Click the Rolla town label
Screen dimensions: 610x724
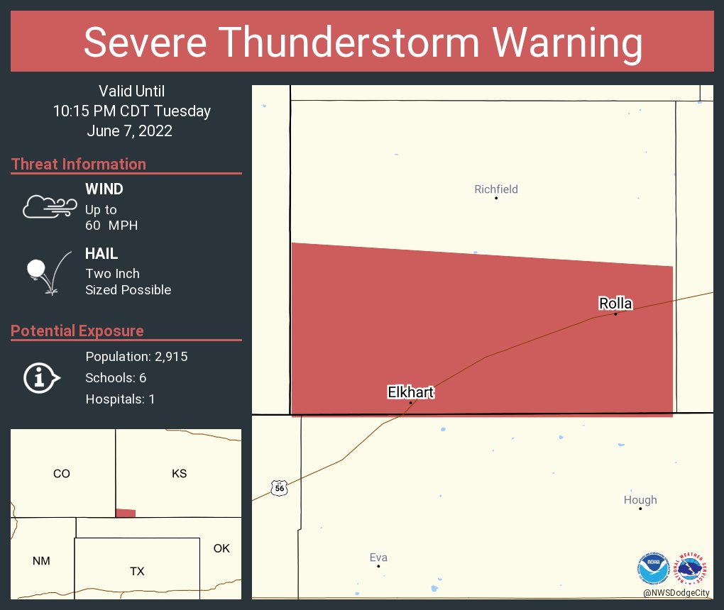(x=615, y=304)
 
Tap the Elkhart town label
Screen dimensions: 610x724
(x=410, y=392)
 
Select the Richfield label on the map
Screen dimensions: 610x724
(x=496, y=189)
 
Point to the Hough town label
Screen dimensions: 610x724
(x=640, y=500)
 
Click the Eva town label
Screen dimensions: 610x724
(x=378, y=558)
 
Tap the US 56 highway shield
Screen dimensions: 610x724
(x=280, y=488)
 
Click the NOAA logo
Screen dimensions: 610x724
(x=653, y=568)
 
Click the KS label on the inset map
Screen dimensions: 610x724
(x=180, y=473)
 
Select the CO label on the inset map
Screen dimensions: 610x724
(x=62, y=473)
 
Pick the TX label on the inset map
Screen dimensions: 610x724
(x=137, y=571)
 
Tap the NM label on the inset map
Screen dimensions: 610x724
(x=41, y=561)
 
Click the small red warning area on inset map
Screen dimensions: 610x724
(x=126, y=513)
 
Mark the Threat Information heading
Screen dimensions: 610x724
(x=79, y=164)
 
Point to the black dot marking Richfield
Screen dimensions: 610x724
(x=496, y=198)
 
